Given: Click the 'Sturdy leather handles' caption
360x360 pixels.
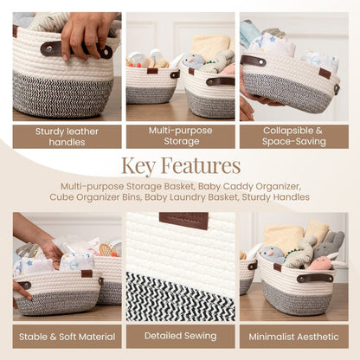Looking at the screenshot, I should [x=67, y=137].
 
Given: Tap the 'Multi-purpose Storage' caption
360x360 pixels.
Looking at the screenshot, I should [x=180, y=137].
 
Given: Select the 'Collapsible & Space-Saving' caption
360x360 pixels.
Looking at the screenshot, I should [x=293, y=137].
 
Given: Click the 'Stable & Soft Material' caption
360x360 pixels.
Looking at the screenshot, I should [x=67, y=336].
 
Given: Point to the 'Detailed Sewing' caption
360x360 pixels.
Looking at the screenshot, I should [x=180, y=336].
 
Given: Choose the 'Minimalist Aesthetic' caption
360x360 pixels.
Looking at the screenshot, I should [x=293, y=336].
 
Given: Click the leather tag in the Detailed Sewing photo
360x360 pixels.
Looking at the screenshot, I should [x=183, y=220].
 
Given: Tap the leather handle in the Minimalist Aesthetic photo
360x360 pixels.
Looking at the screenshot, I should [x=315, y=279].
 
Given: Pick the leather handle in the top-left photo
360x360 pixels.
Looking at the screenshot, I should [x=52, y=49].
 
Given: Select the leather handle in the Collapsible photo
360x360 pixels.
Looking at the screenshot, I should [x=254, y=61].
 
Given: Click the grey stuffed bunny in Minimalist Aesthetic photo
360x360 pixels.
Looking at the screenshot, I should [x=327, y=245].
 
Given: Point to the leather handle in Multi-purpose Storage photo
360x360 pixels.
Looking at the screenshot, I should [x=220, y=81].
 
